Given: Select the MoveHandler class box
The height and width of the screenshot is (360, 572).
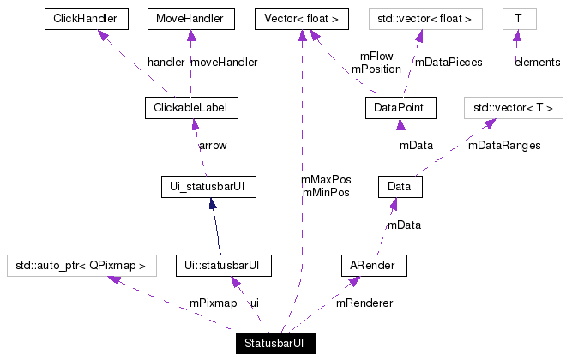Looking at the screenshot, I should (x=190, y=17).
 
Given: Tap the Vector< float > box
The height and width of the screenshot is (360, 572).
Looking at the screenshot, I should (x=302, y=17).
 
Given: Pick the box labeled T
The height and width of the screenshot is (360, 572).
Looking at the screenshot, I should (x=517, y=17).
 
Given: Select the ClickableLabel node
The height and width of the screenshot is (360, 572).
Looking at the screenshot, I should (x=191, y=107).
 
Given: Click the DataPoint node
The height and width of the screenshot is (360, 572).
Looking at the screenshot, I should (x=400, y=107).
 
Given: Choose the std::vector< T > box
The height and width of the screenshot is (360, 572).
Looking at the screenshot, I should (x=513, y=107).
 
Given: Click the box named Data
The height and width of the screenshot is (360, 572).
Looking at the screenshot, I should (x=400, y=185).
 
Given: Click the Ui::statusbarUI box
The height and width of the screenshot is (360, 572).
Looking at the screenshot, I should (x=223, y=265).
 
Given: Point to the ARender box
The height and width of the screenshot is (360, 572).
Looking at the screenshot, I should (x=373, y=265).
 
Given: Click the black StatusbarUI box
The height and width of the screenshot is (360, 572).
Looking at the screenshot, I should (x=275, y=344).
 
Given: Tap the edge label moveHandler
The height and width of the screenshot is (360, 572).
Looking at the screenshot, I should (x=224, y=63).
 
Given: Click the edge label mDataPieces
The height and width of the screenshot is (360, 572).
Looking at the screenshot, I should (x=449, y=63).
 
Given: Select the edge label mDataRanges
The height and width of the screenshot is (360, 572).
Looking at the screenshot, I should (x=504, y=146).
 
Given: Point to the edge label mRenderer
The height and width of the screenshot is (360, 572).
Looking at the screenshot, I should (x=364, y=303).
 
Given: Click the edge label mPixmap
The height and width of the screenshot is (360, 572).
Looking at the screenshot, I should (x=213, y=303).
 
